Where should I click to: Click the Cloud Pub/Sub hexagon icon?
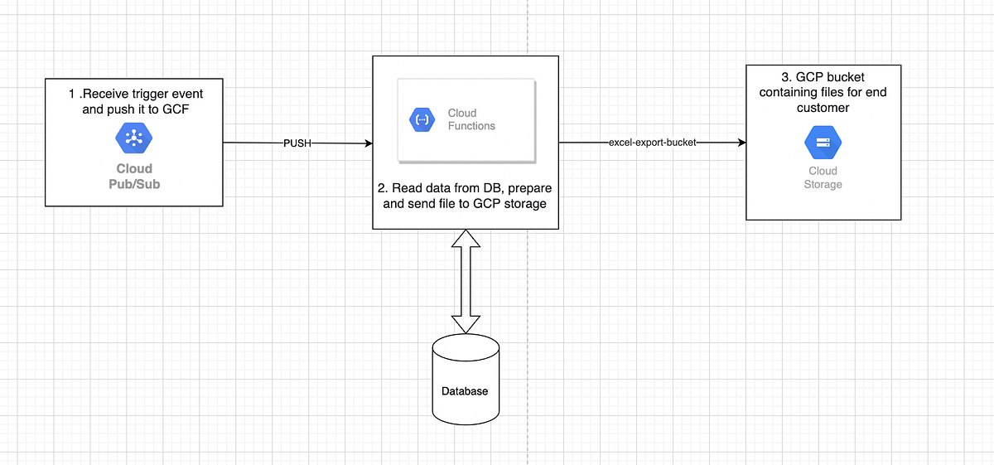click(133, 138)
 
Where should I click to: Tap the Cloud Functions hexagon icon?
click(422, 120)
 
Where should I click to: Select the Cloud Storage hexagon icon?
click(823, 143)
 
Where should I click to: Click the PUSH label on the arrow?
click(297, 143)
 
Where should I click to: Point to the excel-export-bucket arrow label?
click(653, 143)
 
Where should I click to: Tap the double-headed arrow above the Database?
click(466, 282)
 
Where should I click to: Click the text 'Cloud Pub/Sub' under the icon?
click(133, 176)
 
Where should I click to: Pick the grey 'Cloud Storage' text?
click(823, 177)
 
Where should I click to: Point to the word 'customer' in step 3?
click(823, 108)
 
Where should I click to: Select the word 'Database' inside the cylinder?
click(465, 391)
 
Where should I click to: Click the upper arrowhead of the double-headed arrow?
click(466, 240)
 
